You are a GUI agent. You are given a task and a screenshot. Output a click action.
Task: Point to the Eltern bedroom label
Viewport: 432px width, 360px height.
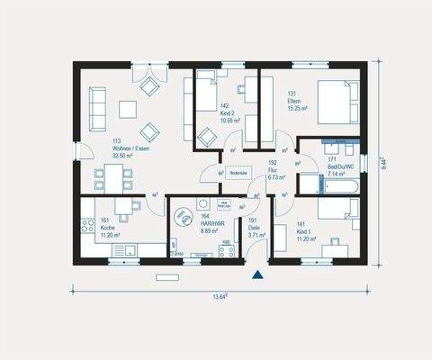(295, 102)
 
